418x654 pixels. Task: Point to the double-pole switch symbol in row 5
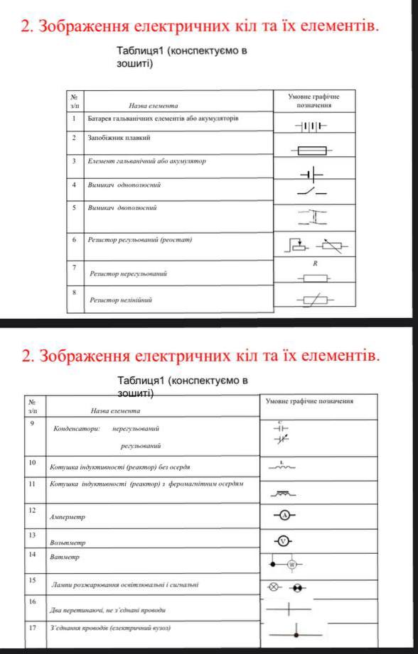pyautogui.click(x=311, y=214)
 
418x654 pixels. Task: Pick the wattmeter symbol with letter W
pyautogui.click(x=291, y=564)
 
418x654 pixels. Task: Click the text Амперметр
pyautogui.click(x=67, y=517)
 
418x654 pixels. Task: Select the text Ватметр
pyautogui.click(x=65, y=557)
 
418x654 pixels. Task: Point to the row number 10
pyautogui.click(x=32, y=462)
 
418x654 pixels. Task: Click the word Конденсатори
pyautogui.click(x=76, y=429)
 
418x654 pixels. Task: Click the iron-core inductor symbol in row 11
pyautogui.click(x=283, y=492)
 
